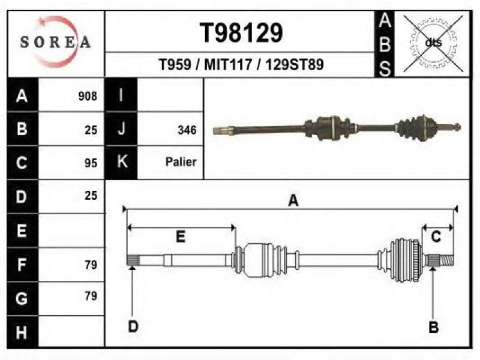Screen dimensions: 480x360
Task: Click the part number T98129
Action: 241,33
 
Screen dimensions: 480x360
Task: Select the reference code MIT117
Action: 228,65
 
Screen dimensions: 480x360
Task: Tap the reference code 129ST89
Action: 295,65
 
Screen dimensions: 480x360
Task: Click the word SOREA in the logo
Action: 55,42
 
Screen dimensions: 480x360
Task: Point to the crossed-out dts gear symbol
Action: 433,43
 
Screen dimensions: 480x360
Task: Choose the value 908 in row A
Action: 88,96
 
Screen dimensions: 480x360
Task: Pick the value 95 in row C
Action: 91,163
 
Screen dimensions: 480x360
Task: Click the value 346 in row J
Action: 187,130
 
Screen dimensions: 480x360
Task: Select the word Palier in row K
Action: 181,161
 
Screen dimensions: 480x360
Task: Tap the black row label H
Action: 22,332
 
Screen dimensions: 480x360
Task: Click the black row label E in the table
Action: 22,230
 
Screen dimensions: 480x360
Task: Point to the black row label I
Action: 121,95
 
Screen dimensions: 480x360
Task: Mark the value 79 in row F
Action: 91,265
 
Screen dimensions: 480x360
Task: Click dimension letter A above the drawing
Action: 293,201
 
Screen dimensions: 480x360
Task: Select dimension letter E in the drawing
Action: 181,236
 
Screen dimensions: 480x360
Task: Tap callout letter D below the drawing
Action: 133,326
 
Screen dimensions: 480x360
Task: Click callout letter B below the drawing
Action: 433,327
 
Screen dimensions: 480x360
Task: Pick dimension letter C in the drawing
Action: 436,236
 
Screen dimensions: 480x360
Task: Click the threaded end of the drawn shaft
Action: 447,260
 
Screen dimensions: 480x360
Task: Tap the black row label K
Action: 121,161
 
